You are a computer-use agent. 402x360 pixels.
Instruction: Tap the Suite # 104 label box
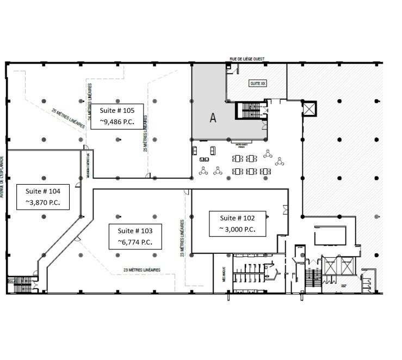coord(46,197)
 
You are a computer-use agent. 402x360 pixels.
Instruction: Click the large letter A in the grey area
coord(214,117)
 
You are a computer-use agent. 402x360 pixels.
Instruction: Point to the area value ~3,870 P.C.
coord(46,203)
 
